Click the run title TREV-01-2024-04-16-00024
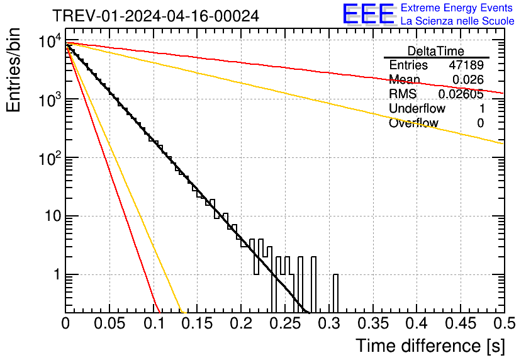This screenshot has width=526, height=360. click(156, 16)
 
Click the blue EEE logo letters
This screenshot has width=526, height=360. click(369, 14)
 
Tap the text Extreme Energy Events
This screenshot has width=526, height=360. click(457, 8)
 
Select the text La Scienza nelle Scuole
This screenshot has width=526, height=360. click(457, 21)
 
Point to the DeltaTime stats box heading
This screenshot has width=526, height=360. click(436, 51)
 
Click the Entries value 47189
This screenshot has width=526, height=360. click(466, 65)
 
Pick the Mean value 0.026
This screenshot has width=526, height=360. click(468, 79)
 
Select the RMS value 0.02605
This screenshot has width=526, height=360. click(461, 94)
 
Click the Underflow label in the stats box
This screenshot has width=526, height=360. click(417, 108)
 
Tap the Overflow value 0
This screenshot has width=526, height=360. click(480, 123)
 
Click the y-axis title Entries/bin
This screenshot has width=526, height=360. click(13, 70)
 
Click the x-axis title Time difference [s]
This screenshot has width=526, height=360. click(430, 346)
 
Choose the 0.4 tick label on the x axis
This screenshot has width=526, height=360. click(417, 323)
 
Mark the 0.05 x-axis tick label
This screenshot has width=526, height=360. click(109, 323)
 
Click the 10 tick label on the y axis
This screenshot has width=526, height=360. click(53, 216)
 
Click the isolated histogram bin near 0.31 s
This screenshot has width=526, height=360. click(335, 293)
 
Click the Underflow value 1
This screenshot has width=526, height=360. click(482, 109)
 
